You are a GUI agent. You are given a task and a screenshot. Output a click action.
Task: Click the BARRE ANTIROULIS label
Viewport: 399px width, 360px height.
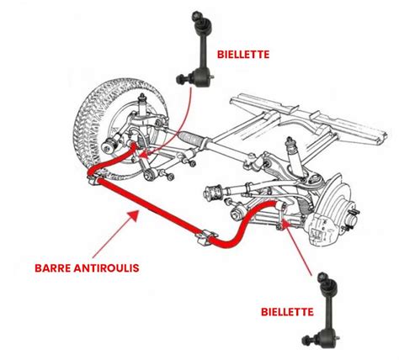[87, 268]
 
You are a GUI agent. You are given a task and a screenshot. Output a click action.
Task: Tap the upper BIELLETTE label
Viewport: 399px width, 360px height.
[243, 55]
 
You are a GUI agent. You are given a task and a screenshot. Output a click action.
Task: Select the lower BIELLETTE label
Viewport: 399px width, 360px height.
[287, 312]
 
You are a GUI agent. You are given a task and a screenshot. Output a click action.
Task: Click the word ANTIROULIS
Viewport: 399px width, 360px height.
[106, 268]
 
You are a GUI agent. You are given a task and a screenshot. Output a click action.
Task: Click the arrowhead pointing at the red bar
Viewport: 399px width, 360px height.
[132, 215]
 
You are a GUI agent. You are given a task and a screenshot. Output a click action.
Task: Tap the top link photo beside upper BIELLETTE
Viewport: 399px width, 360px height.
[196, 48]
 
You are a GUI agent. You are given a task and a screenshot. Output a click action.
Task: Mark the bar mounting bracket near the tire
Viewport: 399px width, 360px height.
[94, 180]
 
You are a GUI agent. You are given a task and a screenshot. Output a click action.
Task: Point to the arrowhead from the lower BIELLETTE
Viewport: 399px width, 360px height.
[286, 225]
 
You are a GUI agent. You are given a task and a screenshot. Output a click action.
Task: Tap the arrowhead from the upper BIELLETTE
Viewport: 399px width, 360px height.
[144, 155]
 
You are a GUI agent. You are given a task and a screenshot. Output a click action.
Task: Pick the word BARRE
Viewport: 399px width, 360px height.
[52, 268]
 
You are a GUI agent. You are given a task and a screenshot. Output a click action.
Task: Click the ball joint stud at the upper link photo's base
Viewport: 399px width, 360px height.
[181, 78]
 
